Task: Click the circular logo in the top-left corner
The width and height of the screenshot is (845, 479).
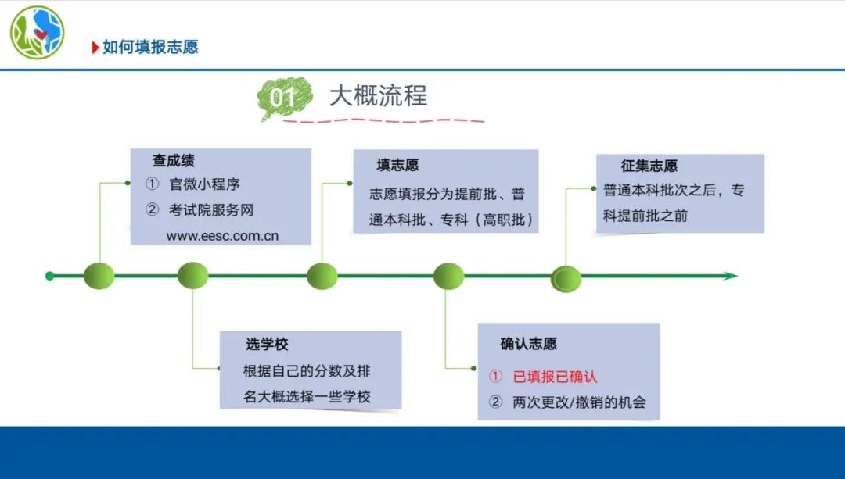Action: [38, 32]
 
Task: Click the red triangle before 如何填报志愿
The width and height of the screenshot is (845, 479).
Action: [95, 48]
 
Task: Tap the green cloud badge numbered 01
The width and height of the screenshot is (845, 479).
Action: [285, 98]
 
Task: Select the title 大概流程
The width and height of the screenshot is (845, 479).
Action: [379, 96]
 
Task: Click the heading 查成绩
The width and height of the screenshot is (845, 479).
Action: [174, 160]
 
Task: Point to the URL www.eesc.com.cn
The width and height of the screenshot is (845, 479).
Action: [222, 236]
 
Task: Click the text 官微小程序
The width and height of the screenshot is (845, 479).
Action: [204, 184]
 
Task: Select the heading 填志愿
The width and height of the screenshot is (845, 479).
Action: [397, 165]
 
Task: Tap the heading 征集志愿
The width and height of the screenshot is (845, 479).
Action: [649, 166]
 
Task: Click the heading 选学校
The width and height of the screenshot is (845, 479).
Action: [267, 344]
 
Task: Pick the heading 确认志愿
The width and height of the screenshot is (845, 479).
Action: [528, 344]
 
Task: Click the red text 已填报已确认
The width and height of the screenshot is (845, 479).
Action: [555, 376]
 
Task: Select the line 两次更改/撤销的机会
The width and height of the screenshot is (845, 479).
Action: [579, 402]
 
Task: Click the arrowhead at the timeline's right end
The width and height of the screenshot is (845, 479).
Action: [730, 276]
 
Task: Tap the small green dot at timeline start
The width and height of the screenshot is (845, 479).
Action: [49, 276]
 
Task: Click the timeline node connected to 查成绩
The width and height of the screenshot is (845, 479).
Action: [99, 276]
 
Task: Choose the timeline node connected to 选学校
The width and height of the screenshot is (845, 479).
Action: [193, 276]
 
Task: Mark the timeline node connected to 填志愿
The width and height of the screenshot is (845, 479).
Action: [322, 276]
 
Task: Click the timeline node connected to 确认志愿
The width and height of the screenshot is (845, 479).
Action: [449, 276]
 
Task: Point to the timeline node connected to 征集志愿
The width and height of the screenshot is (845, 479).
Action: [566, 279]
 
